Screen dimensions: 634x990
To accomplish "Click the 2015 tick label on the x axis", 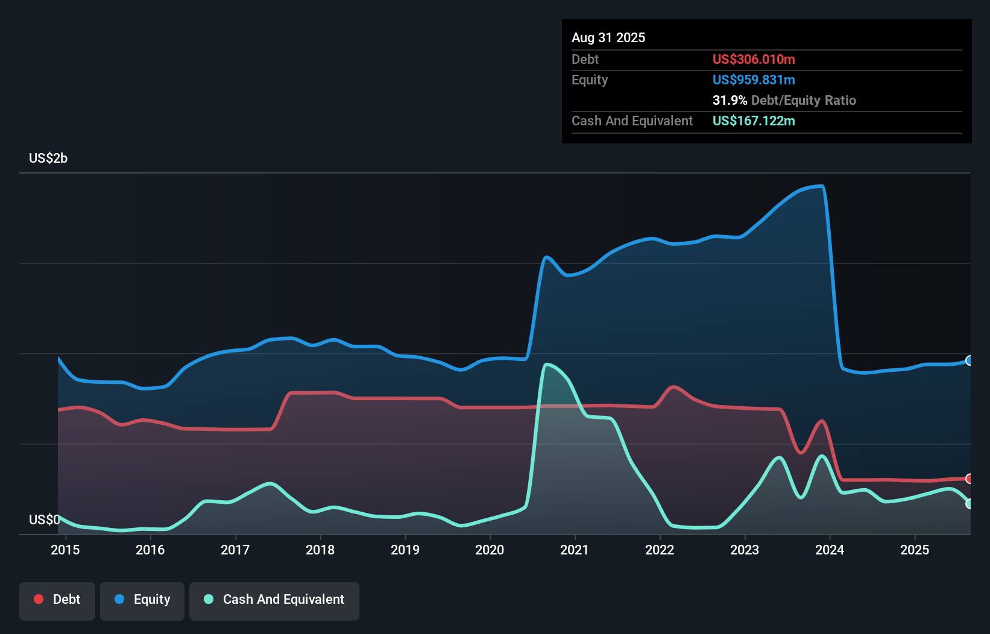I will coord(65,550).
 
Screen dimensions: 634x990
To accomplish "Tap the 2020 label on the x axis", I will coord(490,550).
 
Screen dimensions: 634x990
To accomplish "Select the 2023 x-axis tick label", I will coord(745,550).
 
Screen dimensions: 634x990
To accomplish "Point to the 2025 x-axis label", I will coord(915,550).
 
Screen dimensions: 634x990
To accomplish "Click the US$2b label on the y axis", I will coord(48,158).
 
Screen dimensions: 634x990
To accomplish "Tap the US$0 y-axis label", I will coord(44,519).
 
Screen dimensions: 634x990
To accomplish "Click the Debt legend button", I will coord(57,600).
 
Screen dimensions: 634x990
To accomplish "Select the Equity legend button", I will coord(142,600).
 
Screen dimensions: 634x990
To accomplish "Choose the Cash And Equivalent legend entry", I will coord(274,600).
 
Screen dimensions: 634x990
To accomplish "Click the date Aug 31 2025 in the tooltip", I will coord(608,38).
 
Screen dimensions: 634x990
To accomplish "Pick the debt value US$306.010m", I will coord(754,59).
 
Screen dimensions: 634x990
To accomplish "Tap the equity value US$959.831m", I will coord(754,80).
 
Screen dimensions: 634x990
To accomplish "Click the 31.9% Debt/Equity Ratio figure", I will coord(784,100).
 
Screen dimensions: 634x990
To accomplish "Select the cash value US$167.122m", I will coord(754,121).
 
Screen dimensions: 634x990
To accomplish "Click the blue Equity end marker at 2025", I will coord(970,360).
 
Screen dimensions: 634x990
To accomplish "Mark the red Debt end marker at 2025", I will coord(970,479).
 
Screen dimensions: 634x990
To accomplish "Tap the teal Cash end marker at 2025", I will coord(970,504).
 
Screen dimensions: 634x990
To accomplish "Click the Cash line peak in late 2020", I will coord(547,364).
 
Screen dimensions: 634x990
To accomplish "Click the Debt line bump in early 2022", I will coord(673,386).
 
